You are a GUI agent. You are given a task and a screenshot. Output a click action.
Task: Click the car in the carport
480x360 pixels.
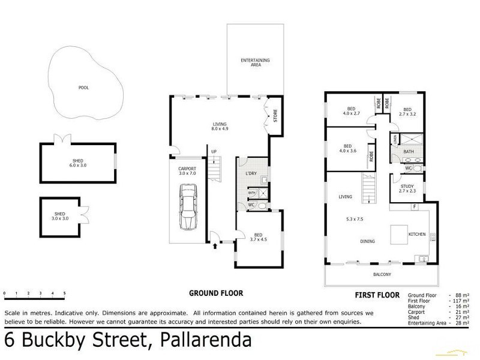pyautogui.click(x=188, y=208)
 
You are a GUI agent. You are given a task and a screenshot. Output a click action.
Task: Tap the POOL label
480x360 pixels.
pyautogui.click(x=84, y=88)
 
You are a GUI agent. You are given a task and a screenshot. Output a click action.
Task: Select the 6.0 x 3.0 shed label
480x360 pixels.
pyautogui.click(x=77, y=163)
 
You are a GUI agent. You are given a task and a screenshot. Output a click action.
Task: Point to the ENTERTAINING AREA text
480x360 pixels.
pyautogui.click(x=255, y=62)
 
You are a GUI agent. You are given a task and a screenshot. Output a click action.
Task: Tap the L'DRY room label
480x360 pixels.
pyautogui.click(x=251, y=174)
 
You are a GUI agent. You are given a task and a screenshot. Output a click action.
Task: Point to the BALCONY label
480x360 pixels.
pyautogui.click(x=382, y=274)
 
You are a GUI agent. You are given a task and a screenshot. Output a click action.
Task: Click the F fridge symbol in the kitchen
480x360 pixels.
pyautogui.click(x=414, y=207)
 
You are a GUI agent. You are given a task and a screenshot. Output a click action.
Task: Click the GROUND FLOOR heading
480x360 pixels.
pyautogui.click(x=216, y=293)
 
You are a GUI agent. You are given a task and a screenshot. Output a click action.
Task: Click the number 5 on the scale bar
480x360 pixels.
pyautogui.click(x=64, y=293)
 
